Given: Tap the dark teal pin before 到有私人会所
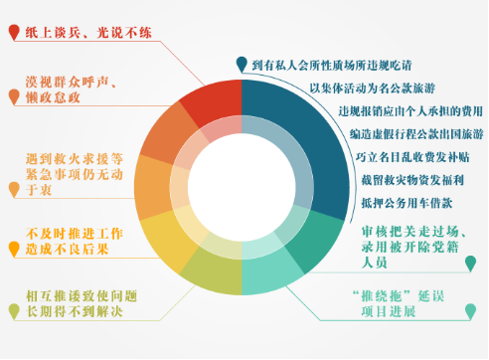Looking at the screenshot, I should pyautogui.click(x=242, y=66).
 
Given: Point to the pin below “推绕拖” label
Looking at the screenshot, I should pyautogui.click(x=470, y=312).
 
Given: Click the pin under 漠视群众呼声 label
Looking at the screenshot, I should pyautogui.click(x=13, y=97).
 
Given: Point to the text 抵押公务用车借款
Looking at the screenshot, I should pyautogui.click(x=416, y=202).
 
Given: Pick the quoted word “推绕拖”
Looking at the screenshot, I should pyautogui.click(x=375, y=295).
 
